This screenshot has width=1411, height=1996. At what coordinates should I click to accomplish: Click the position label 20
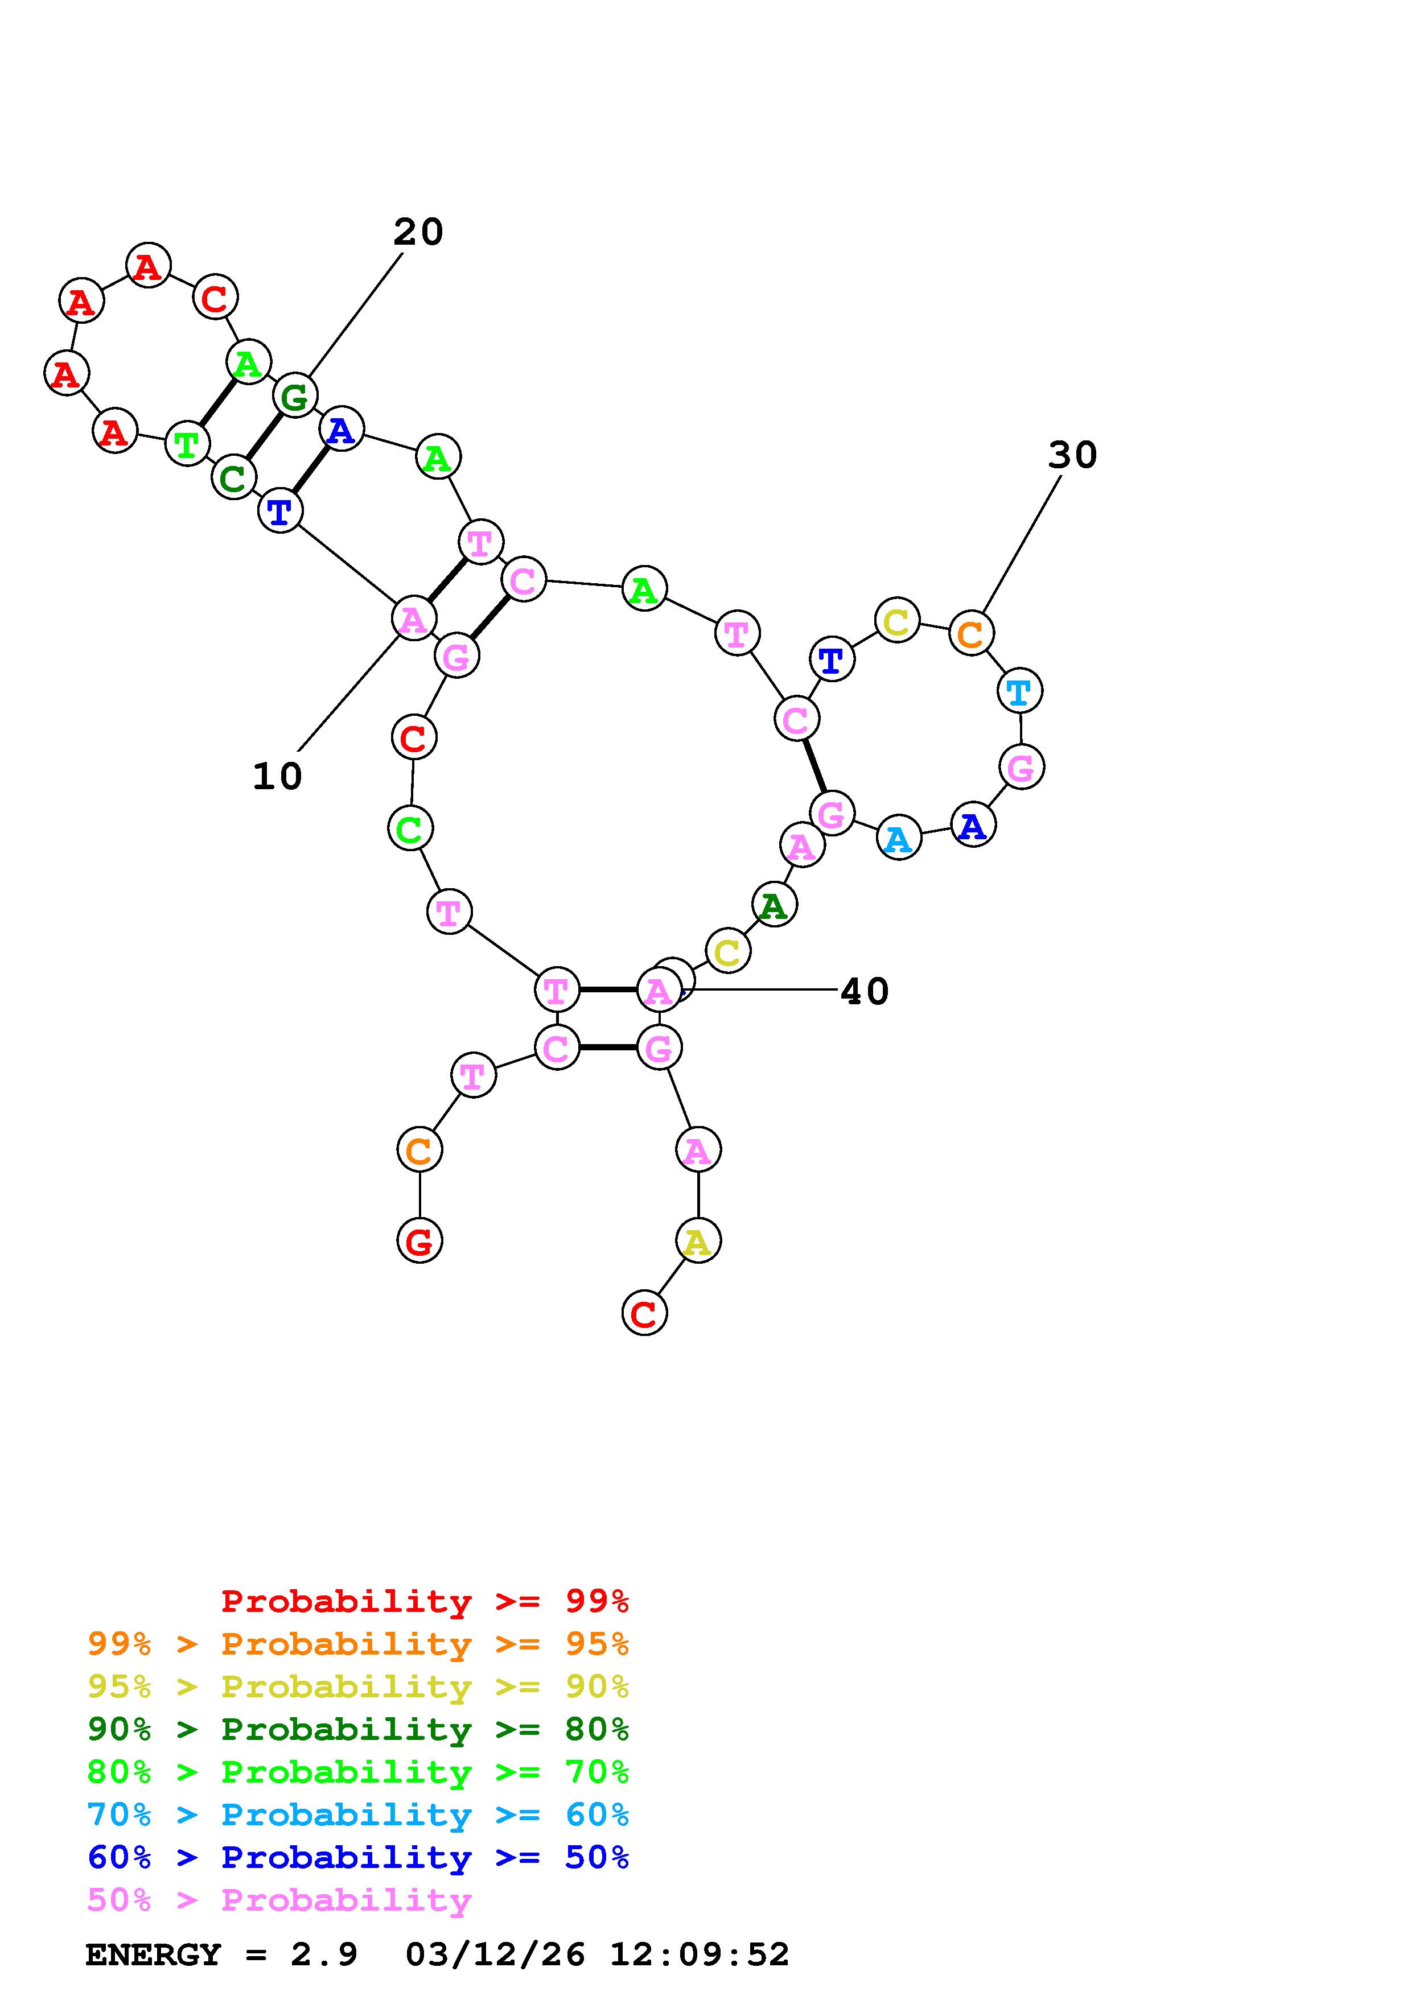click(x=418, y=232)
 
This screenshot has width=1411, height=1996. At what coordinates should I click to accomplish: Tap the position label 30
click(x=1072, y=455)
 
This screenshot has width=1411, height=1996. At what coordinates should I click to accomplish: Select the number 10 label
click(x=277, y=776)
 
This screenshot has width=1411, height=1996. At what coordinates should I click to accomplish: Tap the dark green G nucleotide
click(x=295, y=397)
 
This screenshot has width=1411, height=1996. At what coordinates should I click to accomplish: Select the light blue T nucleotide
click(x=1019, y=691)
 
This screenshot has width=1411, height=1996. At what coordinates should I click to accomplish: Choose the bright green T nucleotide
click(x=187, y=444)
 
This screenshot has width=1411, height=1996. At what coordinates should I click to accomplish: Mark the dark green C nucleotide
click(x=233, y=477)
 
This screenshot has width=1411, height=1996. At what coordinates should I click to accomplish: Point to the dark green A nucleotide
click(x=773, y=905)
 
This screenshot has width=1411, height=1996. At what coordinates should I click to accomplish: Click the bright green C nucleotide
click(x=409, y=828)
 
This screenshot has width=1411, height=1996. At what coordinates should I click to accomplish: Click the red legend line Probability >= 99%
click(x=425, y=1601)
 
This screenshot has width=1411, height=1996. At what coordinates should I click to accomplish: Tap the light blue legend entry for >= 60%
click(x=358, y=1814)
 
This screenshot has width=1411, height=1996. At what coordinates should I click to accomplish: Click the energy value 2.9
click(x=324, y=1954)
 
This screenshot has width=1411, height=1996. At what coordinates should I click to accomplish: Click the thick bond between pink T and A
click(x=608, y=989)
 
